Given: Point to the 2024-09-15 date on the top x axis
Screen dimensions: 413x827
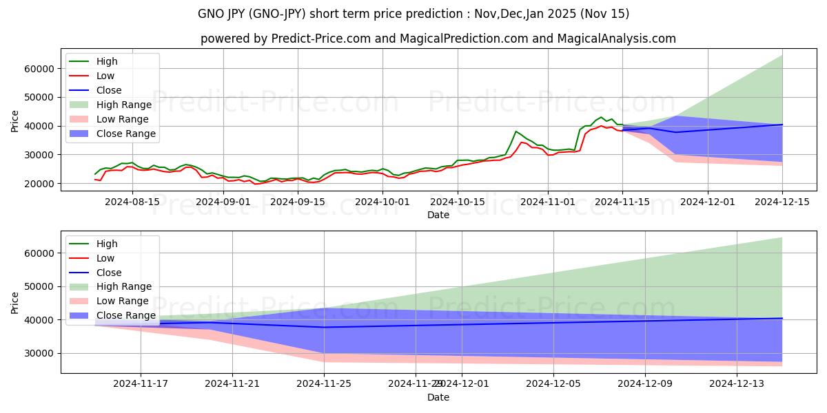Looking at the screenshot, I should tap(297, 202).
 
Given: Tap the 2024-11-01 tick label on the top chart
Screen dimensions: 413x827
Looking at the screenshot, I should tap(548, 202).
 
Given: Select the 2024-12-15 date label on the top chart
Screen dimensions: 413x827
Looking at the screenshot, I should tap(782, 202).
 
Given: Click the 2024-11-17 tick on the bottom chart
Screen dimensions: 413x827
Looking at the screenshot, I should tap(141, 383).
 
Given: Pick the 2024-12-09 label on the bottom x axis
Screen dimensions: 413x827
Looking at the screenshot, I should tap(645, 383).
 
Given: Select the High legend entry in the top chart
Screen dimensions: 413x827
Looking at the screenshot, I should tap(107, 61).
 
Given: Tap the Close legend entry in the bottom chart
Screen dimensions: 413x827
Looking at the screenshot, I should tap(109, 273).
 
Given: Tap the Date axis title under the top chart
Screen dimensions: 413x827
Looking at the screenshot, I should tap(438, 215).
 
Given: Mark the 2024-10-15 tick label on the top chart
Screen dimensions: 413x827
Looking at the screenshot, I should tap(453, 202).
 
